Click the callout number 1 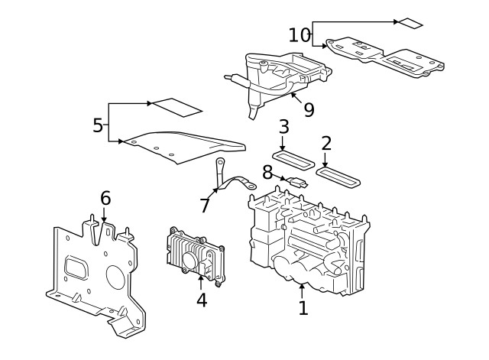pyautogui.click(x=303, y=308)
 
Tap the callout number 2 pyautogui.click(x=326, y=143)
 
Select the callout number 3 pyautogui.click(x=283, y=126)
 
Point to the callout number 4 pyautogui.click(x=201, y=300)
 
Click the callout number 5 pyautogui.click(x=98, y=125)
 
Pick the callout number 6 pyautogui.click(x=105, y=199)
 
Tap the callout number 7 pyautogui.click(x=204, y=206)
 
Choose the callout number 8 pyautogui.click(x=267, y=173)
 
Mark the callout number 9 pyautogui.click(x=309, y=109)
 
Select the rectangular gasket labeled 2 pyautogui.click(x=340, y=177)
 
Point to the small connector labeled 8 pyautogui.click(x=300, y=183)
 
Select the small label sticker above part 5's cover pyautogui.click(x=176, y=106)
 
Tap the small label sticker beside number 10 pyautogui.click(x=410, y=23)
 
